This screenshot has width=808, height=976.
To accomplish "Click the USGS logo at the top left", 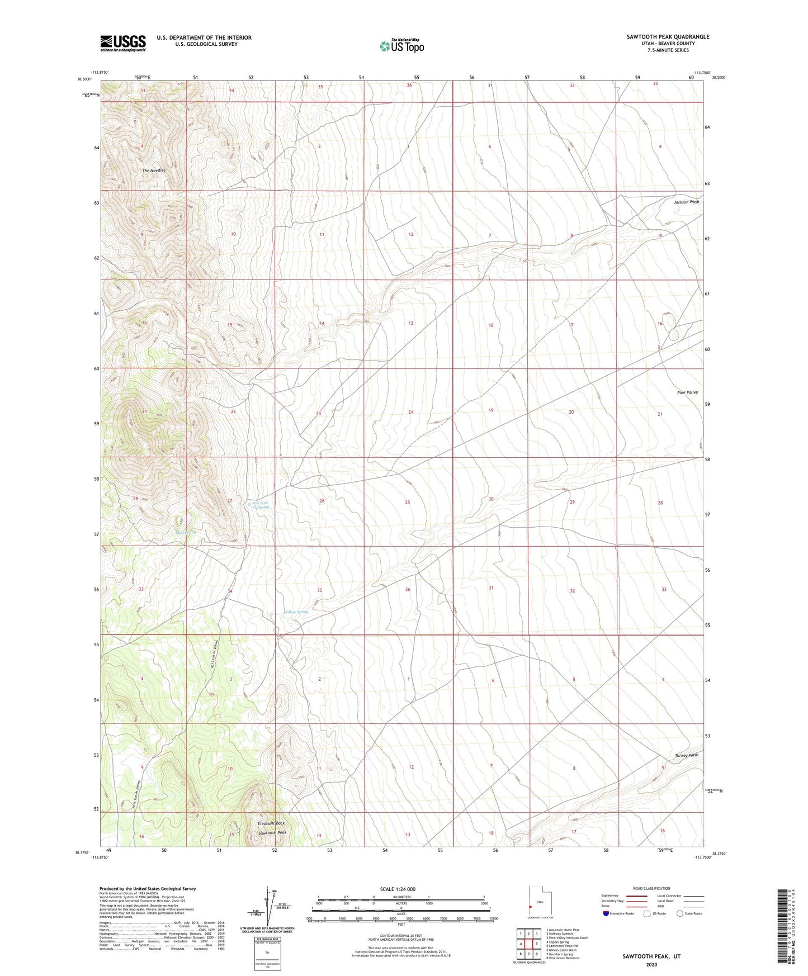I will click(123, 43).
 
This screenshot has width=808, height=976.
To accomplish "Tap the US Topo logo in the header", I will click(401, 45).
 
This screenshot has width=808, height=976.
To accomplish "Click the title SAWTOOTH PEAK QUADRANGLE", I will click(668, 37).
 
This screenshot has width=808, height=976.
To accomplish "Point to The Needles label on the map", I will click(154, 170).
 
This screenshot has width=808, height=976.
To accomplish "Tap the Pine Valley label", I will click(687, 392).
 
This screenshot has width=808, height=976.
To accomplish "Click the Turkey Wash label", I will click(686, 755).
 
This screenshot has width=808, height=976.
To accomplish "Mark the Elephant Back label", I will click(271, 823).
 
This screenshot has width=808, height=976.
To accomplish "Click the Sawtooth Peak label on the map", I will click(272, 833).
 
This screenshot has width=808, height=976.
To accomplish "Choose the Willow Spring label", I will click(296, 612).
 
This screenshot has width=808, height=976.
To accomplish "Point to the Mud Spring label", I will click(186, 532).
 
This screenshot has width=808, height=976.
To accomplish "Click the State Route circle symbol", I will click(680, 913).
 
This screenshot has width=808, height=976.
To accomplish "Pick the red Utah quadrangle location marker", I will click(530, 907).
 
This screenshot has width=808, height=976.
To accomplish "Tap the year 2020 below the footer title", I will click(651, 964).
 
